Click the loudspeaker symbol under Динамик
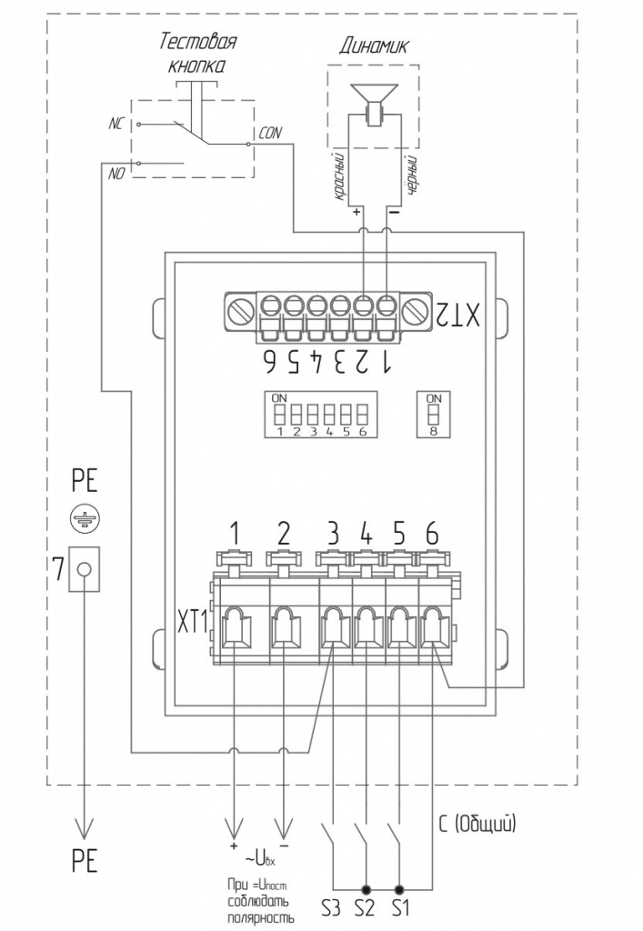[x=374, y=105]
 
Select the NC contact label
[x=116, y=124]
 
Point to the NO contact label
[x=116, y=174]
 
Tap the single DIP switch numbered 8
[x=434, y=415]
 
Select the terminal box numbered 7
[x=84, y=568]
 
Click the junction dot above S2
[x=366, y=889]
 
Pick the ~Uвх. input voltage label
[x=259, y=857]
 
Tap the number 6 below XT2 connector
[x=270, y=361]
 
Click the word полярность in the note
[x=261, y=918]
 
